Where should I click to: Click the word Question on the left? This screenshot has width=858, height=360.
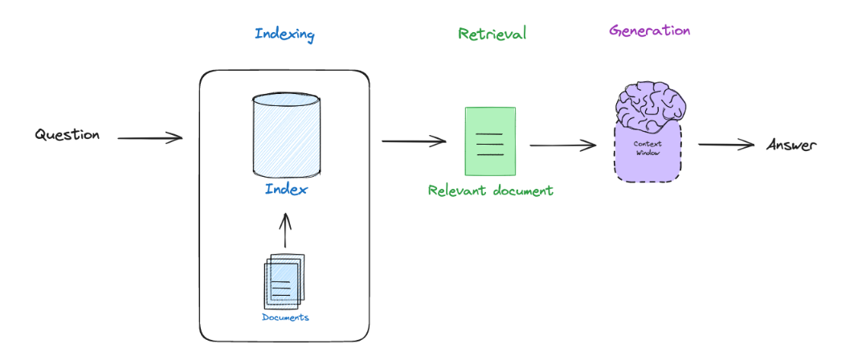pos(67,135)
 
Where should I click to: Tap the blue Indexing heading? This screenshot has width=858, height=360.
pos(284,35)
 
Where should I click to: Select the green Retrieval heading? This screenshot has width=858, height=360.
pos(492,34)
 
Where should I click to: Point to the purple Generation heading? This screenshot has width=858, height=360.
pos(649,31)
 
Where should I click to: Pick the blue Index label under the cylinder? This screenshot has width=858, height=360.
pos(286,190)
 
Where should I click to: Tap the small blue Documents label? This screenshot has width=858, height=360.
pos(285,317)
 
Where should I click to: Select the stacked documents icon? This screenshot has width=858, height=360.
pos(285,280)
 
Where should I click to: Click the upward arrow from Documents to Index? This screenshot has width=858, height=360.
pos(285,231)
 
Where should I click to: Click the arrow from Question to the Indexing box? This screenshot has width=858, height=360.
pos(150,138)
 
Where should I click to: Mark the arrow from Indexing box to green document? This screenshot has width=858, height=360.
pos(413,141)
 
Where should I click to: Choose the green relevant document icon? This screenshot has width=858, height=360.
pos(490,141)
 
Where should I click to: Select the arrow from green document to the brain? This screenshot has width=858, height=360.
pos(562,145)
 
